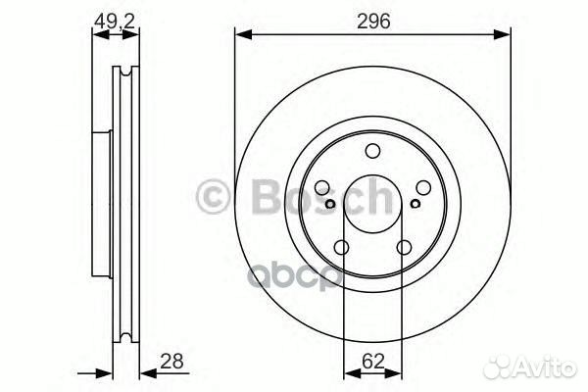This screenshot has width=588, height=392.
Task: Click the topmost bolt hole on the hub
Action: click(x=372, y=151)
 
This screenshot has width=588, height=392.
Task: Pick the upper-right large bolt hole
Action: click(x=421, y=188)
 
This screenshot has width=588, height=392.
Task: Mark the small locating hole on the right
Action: click(x=415, y=205)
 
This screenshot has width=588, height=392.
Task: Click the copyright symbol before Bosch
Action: click(x=213, y=197)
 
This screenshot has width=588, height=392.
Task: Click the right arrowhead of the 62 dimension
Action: click(x=396, y=371)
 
